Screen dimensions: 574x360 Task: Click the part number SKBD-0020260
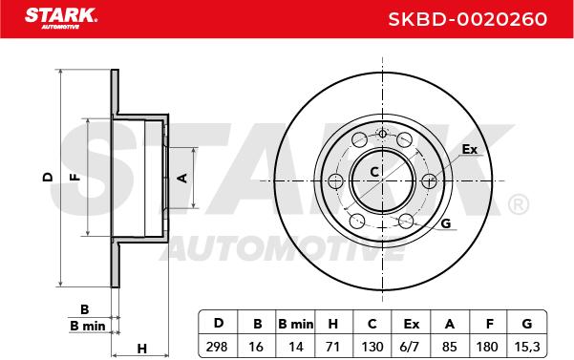(467, 19)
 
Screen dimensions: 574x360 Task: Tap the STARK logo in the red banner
(60, 18)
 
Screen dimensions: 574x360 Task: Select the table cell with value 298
(217, 346)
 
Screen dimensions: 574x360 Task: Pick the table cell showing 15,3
(527, 347)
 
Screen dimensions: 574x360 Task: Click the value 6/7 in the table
(411, 346)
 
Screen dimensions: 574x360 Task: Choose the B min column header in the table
(295, 324)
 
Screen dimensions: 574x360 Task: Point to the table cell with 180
(487, 346)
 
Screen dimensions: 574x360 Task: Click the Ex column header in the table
(411, 324)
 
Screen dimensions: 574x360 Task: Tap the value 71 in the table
(332, 346)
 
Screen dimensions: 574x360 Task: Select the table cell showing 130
(372, 346)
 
